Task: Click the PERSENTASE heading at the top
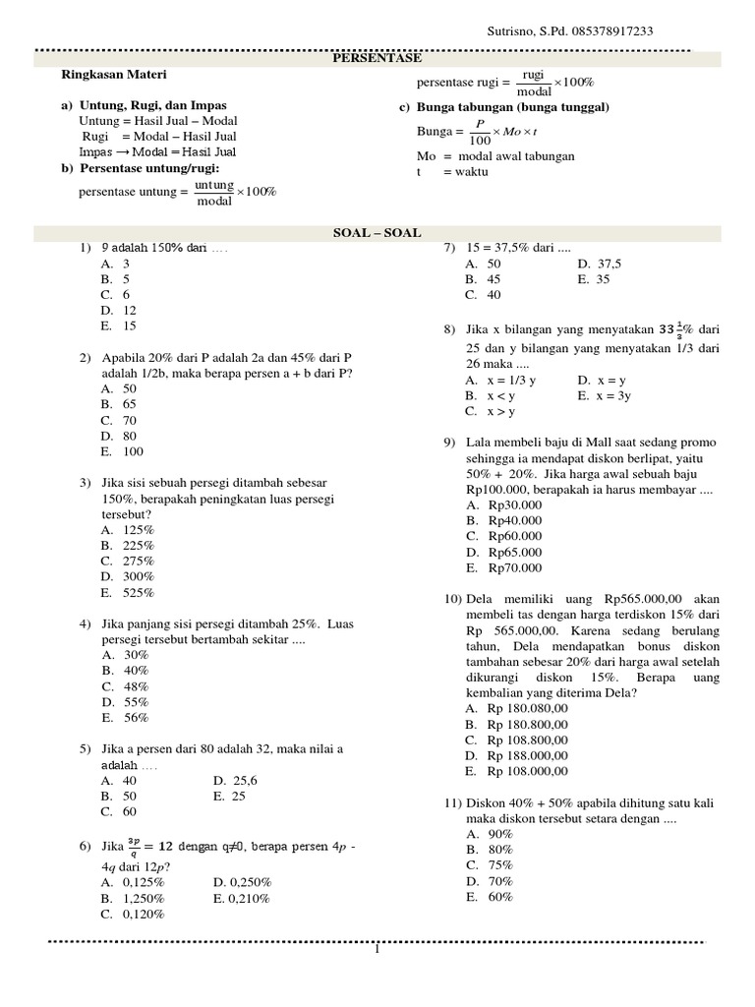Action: pyautogui.click(x=377, y=59)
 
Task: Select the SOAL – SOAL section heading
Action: pyautogui.click(x=377, y=233)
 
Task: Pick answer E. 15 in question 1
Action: pyautogui.click(x=118, y=326)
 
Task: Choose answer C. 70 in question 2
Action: pyautogui.click(x=118, y=420)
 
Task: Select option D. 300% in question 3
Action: pyautogui.click(x=127, y=577)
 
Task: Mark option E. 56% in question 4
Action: pyautogui.click(x=124, y=718)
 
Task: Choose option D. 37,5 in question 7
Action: pyautogui.click(x=600, y=264)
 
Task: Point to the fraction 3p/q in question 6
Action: pyautogui.click(x=135, y=847)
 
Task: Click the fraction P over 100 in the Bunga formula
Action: pyautogui.click(x=480, y=131)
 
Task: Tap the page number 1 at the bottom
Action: pyautogui.click(x=377, y=950)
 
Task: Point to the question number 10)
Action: pyautogui.click(x=452, y=598)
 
